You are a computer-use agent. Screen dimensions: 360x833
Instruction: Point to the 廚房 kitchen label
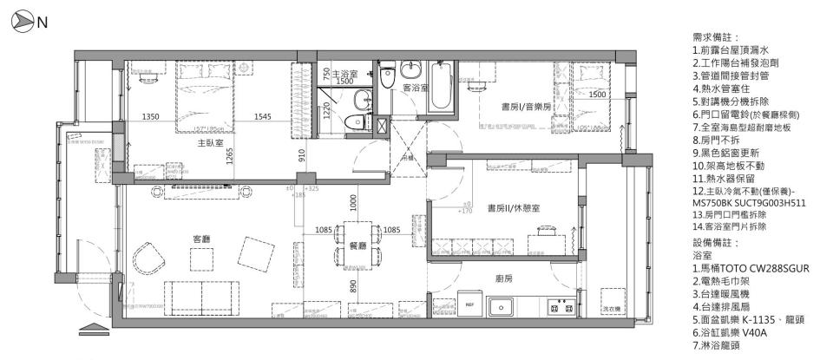(x=503, y=278)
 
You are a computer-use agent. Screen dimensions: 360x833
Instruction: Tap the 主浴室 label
(x=344, y=75)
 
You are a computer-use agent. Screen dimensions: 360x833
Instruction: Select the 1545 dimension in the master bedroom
(x=265, y=117)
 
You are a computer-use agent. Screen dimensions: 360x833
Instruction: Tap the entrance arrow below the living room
(x=91, y=328)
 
